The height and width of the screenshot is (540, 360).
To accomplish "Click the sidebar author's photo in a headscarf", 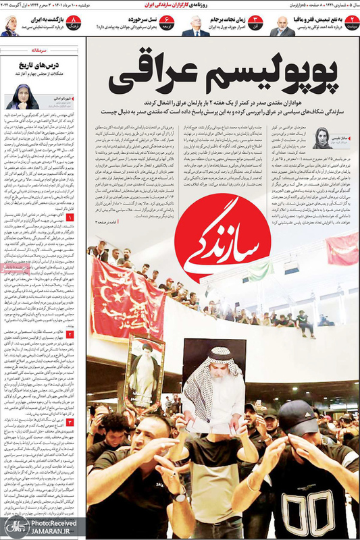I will (x=21, y=97).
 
